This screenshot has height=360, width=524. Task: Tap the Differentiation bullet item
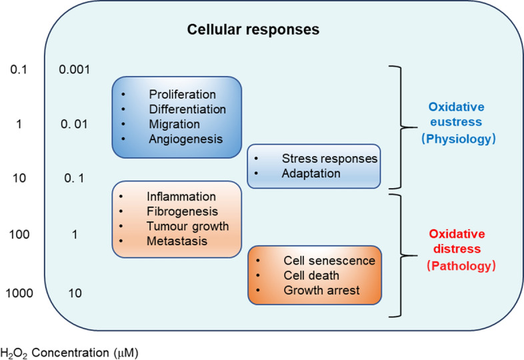[x=188, y=109]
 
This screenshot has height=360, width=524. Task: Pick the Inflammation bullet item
[x=182, y=197]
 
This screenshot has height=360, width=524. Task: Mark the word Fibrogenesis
[x=182, y=211]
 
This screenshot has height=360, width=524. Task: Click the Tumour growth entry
[x=187, y=226]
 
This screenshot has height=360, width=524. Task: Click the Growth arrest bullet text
[x=321, y=290]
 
